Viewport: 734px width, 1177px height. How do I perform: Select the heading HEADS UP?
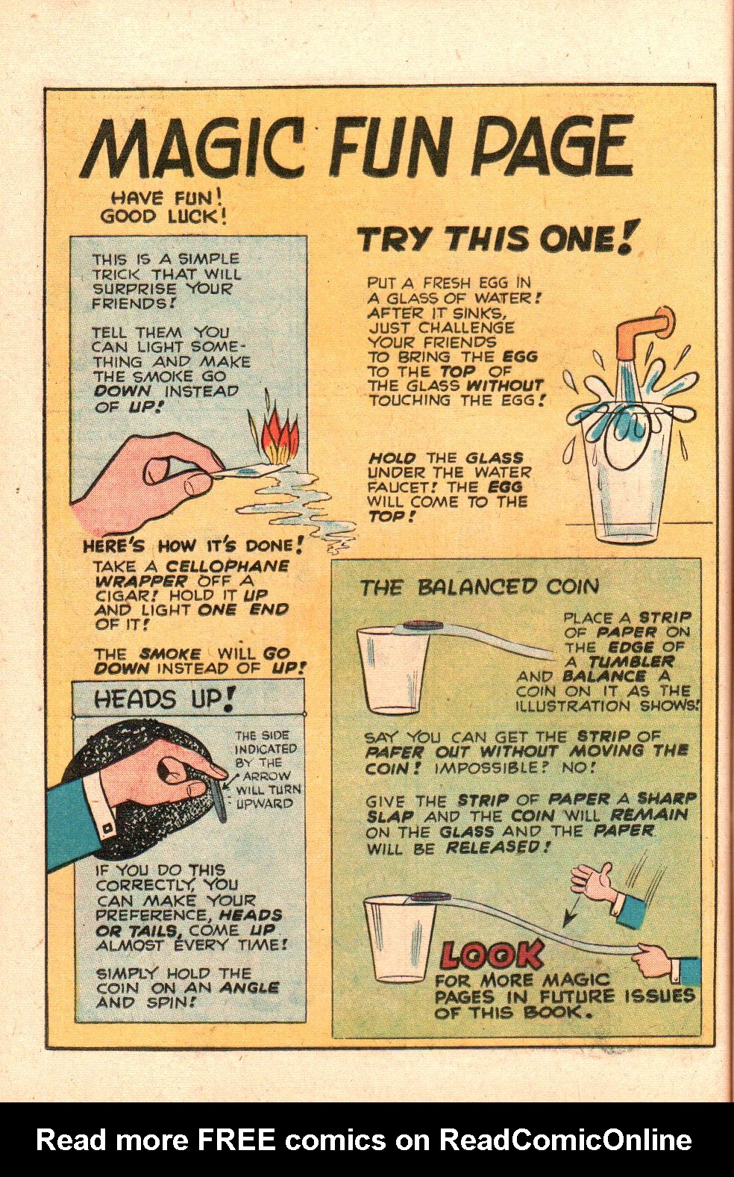click(165, 699)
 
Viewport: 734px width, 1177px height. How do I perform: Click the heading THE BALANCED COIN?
click(480, 587)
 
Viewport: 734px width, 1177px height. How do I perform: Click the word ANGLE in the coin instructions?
click(248, 987)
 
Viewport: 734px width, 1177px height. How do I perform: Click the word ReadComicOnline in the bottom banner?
click(565, 1140)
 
